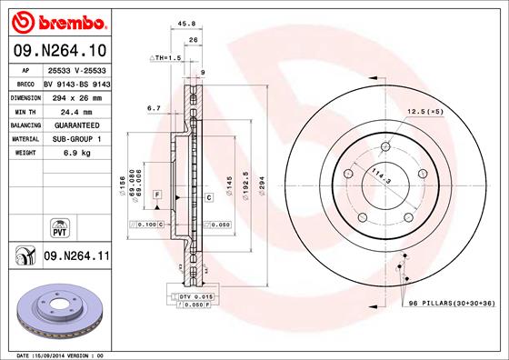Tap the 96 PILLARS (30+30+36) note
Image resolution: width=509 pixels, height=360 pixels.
pyautogui.click(x=449, y=303)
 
